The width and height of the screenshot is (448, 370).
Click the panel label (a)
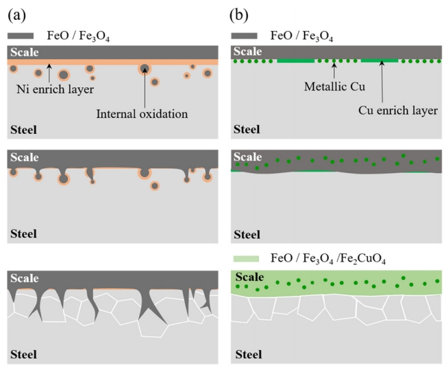point(18,12)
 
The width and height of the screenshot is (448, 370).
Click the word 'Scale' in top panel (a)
point(24,52)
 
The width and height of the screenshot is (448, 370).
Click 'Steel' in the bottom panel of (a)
point(23,354)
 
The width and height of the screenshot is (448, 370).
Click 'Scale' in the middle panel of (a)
point(24,157)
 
